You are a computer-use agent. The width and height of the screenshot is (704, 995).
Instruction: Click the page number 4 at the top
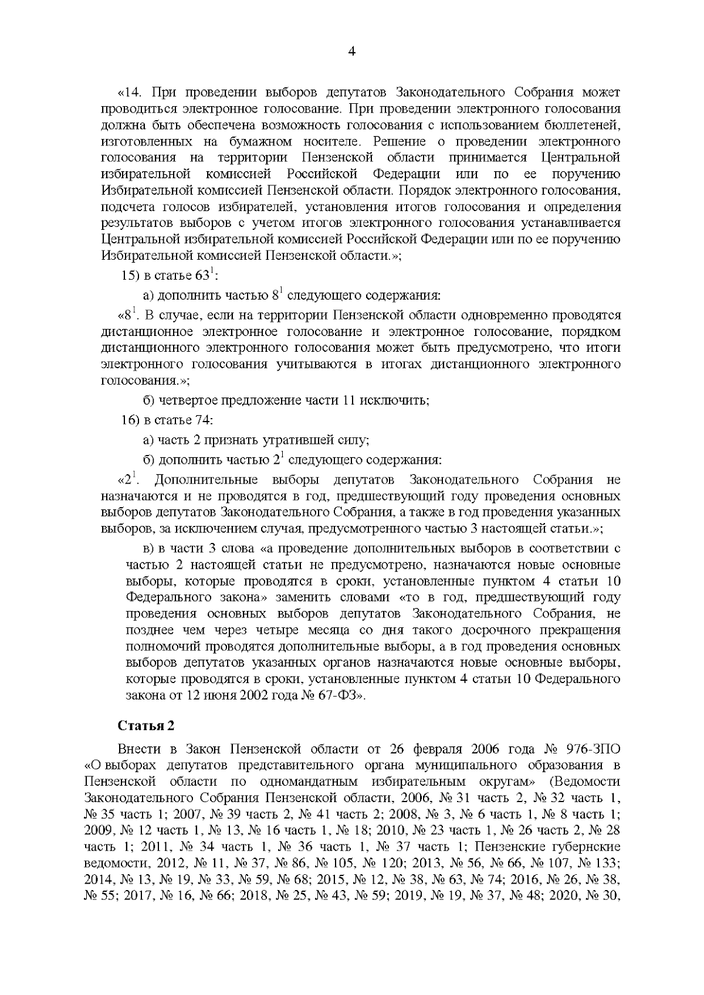click(351, 52)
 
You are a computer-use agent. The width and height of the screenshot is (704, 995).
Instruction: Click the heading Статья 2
click(146, 726)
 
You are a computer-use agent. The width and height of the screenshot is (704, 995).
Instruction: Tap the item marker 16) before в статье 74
click(131, 420)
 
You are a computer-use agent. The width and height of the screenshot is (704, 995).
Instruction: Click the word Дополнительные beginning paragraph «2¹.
click(206, 480)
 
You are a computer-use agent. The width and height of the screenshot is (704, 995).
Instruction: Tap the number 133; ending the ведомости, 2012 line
click(607, 863)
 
